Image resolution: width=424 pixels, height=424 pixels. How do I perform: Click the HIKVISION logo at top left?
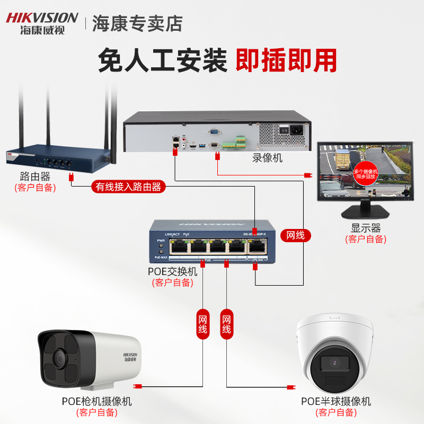[x=42, y=22]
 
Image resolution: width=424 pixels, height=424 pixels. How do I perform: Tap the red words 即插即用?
[x=286, y=60]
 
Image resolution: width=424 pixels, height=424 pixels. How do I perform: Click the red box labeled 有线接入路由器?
[x=128, y=187]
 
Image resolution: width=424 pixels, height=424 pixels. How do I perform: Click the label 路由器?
[x=35, y=177]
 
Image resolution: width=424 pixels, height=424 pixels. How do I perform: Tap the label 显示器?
[x=366, y=228]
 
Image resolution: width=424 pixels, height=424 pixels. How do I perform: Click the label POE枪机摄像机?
[x=96, y=401]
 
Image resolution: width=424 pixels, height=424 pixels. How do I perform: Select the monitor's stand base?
[x=365, y=213]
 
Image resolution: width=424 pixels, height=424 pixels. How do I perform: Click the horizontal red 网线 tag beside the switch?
[x=295, y=235]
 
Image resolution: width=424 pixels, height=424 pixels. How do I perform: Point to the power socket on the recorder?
[x=292, y=130]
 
